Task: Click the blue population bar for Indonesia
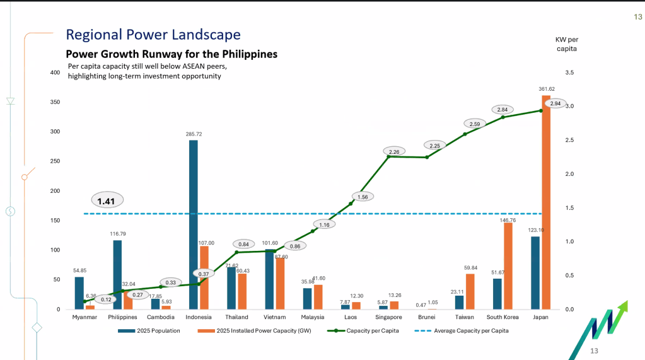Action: click(194, 224)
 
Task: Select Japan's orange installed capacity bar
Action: click(546, 202)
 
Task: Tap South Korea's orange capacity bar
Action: click(508, 266)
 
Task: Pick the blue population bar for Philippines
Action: click(117, 275)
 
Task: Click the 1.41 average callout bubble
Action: click(107, 200)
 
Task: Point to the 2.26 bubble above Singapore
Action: click(394, 152)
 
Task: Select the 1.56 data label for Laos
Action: click(363, 197)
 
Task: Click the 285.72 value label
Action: click(194, 134)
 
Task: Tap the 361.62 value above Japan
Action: click(547, 89)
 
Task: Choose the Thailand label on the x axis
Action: click(236, 317)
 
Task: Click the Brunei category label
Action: click(427, 317)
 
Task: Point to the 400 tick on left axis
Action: click(55, 73)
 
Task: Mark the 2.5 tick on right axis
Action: click(569, 141)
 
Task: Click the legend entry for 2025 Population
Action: click(149, 331)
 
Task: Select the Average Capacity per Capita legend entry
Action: click(462, 331)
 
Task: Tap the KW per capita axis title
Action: click(567, 44)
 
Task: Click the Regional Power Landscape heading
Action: click(153, 35)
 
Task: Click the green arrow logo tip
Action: click(627, 301)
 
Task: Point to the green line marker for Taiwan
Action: click(465, 134)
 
